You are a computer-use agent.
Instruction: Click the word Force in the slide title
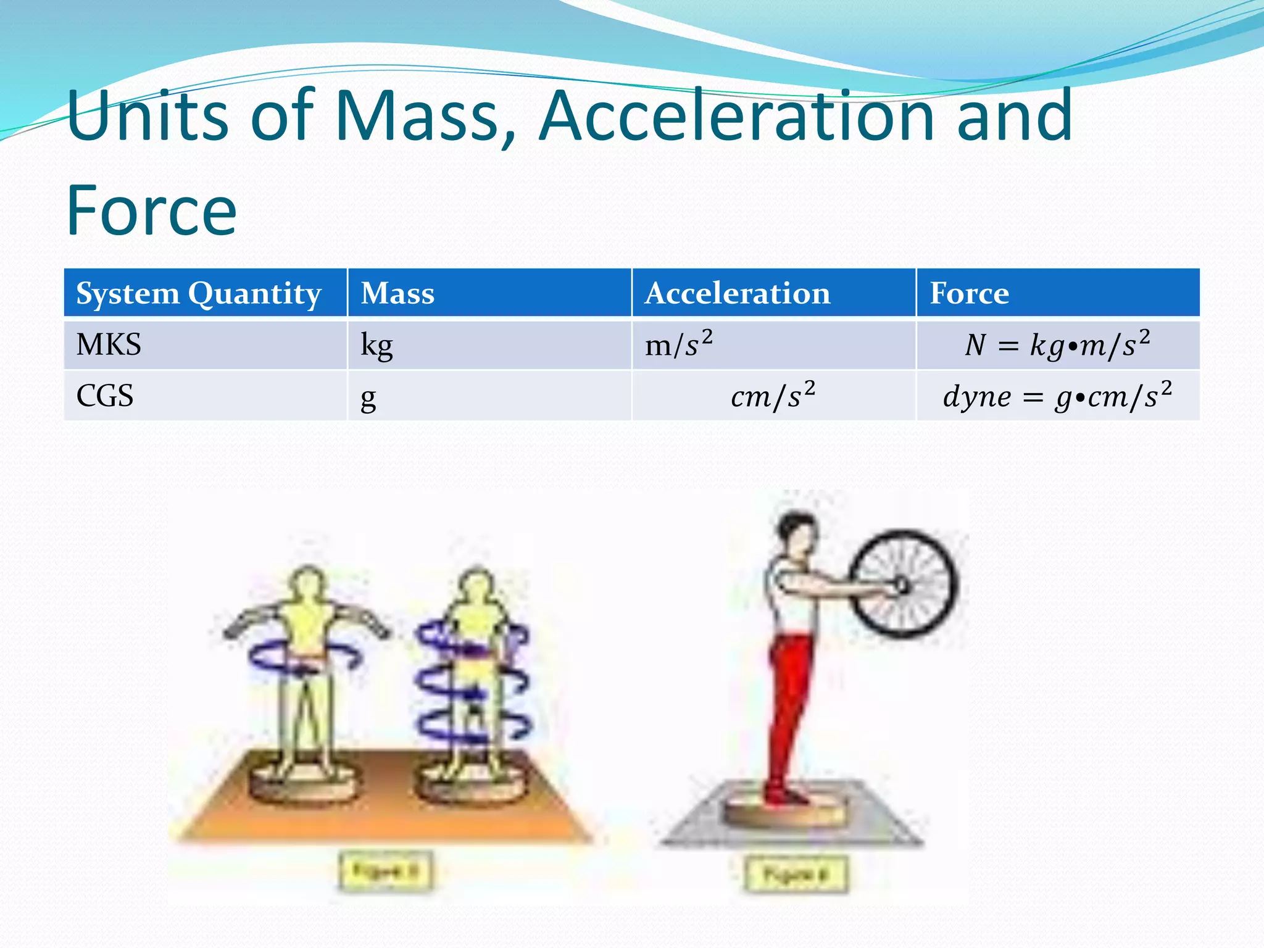click(x=151, y=211)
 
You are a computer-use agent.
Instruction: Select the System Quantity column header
click(x=198, y=293)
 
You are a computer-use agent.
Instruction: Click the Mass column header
click(x=397, y=293)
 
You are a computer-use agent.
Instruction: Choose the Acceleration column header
click(x=738, y=293)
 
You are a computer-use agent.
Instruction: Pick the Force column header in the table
click(x=969, y=293)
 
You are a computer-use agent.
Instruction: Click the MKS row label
click(x=109, y=344)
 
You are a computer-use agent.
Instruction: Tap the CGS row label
click(x=105, y=396)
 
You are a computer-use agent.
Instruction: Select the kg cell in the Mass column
click(x=376, y=346)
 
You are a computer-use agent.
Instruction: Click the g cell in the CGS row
click(x=368, y=397)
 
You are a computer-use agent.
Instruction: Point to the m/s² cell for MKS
click(x=678, y=344)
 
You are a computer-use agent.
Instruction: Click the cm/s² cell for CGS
click(x=773, y=396)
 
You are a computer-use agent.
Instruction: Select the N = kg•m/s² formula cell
click(x=1057, y=344)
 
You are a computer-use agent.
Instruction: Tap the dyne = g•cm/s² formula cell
click(x=1057, y=396)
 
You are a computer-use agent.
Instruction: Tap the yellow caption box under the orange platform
click(x=385, y=871)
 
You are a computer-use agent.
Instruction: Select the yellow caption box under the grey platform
click(x=795, y=874)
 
